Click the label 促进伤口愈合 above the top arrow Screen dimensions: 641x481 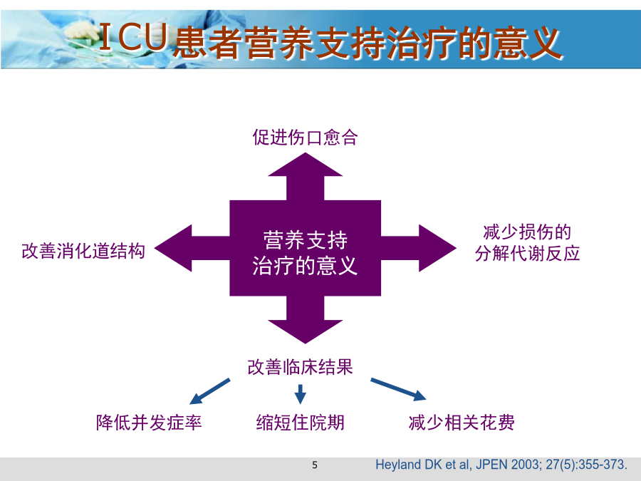[305, 138]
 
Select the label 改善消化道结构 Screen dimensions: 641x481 [83, 251]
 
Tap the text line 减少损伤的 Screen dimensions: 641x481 [527, 232]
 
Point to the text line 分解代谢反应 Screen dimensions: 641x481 [527, 254]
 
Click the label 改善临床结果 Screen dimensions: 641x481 [300, 367]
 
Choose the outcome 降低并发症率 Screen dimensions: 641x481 [149, 423]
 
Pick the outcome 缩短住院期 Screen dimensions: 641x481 [300, 423]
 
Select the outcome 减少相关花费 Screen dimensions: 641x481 [462, 423]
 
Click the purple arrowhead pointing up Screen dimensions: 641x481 [305, 165]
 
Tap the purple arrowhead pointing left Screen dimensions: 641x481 [173, 248]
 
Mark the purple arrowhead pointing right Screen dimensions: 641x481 [437, 248]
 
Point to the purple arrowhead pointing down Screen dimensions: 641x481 [305, 331]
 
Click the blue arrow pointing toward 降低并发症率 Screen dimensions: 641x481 [209, 392]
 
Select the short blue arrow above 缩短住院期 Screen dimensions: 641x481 [301, 394]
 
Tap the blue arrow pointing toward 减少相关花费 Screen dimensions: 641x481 [399, 389]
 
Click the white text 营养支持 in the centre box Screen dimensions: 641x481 [305, 240]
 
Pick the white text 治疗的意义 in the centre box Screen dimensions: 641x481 [305, 266]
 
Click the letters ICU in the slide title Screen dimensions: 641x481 [134, 37]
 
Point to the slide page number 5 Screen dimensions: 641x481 [315, 465]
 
